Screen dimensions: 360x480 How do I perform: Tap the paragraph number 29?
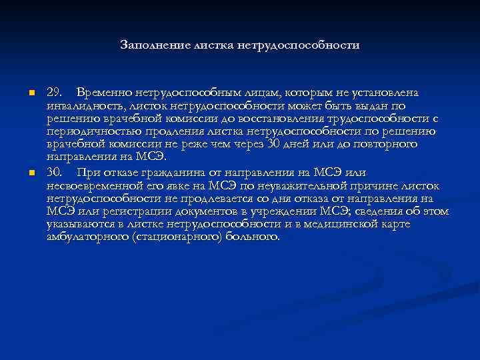pyautogui.click(x=55, y=91)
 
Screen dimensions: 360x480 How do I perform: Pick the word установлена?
pyautogui.click(x=389, y=91)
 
